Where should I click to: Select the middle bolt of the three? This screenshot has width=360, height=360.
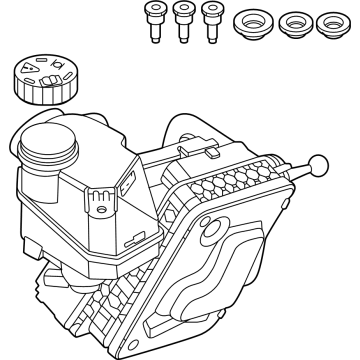click(x=184, y=21)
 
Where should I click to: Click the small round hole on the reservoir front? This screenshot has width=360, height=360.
click(x=101, y=195)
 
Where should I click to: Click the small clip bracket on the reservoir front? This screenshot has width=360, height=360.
click(x=101, y=211)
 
